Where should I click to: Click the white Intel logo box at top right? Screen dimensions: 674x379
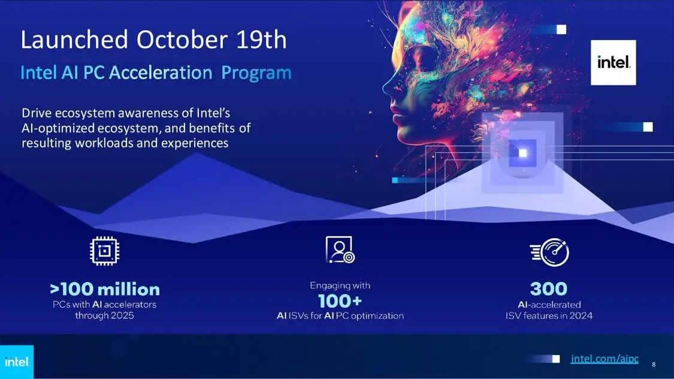tap(613, 62)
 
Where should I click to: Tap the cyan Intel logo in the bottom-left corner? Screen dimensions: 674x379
tap(16, 362)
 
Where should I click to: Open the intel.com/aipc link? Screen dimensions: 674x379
tap(605, 359)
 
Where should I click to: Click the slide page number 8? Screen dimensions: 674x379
tap(654, 365)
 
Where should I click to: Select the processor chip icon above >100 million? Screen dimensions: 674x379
tap(104, 251)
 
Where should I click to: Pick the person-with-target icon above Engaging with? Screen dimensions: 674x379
tap(340, 249)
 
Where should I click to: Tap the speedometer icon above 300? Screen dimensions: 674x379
tap(549, 252)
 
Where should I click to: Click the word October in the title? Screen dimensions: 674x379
tap(182, 40)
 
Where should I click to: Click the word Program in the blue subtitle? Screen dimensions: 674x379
tap(256, 73)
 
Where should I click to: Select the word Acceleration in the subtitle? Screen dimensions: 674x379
tap(161, 73)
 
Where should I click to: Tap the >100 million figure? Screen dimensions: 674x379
tap(105, 289)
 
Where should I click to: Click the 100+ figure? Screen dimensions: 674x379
tap(340, 301)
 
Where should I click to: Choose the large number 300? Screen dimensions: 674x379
tap(548, 288)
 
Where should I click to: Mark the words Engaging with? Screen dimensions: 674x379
tap(340, 285)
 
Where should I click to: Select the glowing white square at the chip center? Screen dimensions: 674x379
tap(522, 153)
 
